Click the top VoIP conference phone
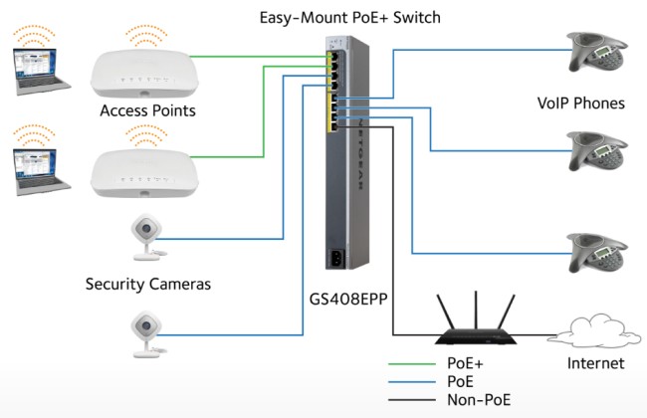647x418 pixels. click(596, 52)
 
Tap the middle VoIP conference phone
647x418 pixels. click(596, 151)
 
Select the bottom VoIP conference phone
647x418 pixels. click(596, 253)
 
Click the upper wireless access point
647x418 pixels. click(144, 73)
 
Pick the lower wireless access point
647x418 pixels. click(144, 173)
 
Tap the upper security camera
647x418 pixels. click(147, 237)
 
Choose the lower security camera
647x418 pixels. click(147, 333)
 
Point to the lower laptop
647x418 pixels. click(41, 171)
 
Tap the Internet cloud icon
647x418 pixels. click(594, 331)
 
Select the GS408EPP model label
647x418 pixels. click(348, 299)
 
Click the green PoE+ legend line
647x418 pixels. click(412, 364)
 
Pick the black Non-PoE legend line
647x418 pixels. click(412, 400)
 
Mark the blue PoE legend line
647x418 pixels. click(412, 382)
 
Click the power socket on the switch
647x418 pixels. click(337, 259)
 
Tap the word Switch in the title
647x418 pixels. click(416, 17)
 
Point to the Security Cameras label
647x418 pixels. click(148, 284)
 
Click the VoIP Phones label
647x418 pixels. click(581, 104)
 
